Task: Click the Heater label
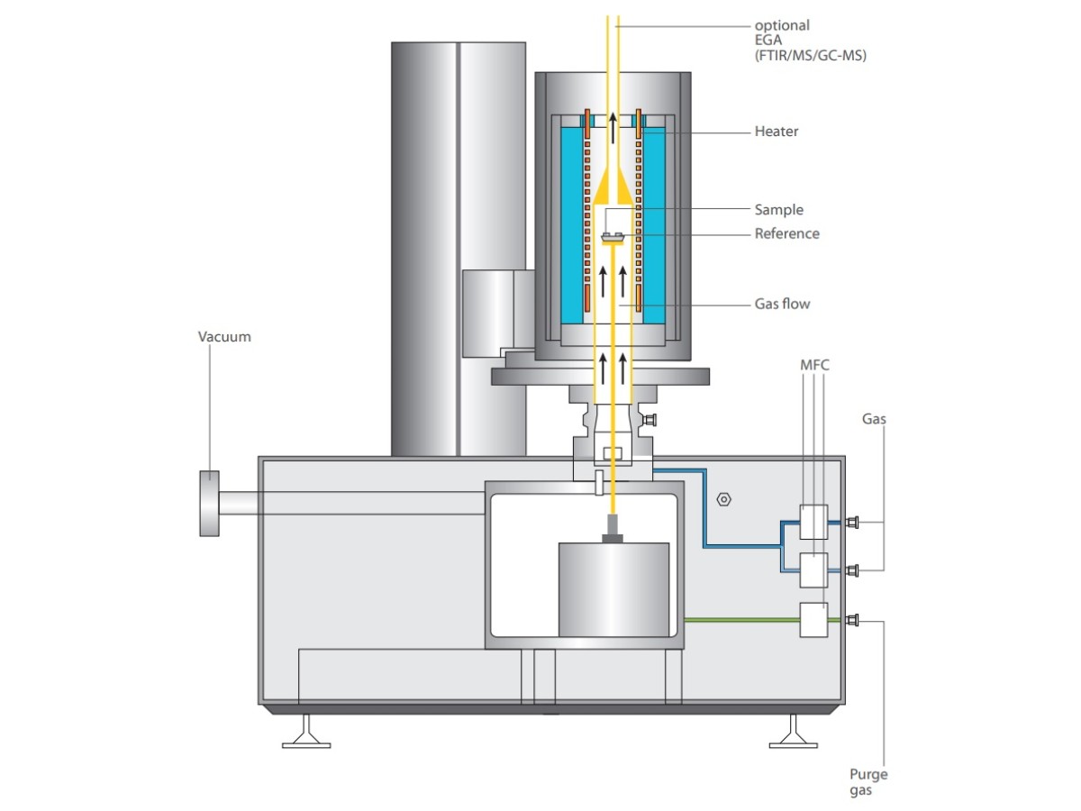[x=776, y=132]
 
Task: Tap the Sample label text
[x=778, y=210]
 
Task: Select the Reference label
[x=786, y=233]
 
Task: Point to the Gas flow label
[x=782, y=304]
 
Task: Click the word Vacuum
[x=224, y=337]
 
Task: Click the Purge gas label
[x=868, y=782]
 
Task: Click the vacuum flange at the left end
[x=209, y=503]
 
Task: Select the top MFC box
[x=813, y=521]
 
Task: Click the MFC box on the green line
[x=813, y=620]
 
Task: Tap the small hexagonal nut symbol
[x=723, y=498]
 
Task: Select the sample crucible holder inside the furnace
[x=613, y=238]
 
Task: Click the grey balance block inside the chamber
[x=613, y=589]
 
